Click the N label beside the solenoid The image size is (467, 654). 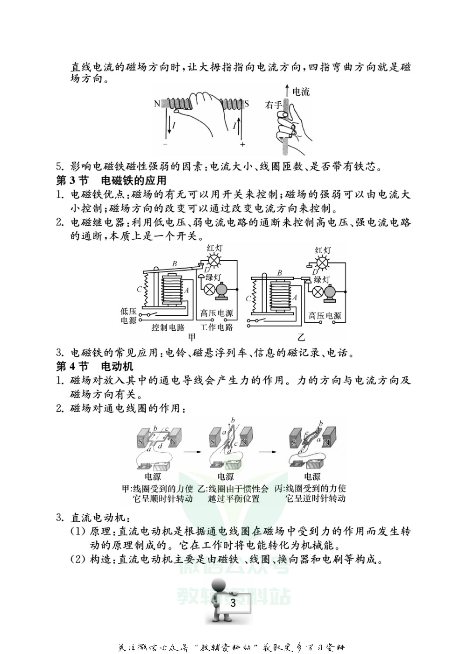point(157,104)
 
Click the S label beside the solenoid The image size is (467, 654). point(247,104)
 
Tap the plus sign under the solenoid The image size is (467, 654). point(242,144)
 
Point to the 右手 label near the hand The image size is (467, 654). point(273,105)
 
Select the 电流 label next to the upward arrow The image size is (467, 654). point(301,92)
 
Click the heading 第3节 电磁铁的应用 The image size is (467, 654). point(111,180)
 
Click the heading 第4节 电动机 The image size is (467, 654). point(95,366)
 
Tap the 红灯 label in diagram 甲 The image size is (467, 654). point(215,248)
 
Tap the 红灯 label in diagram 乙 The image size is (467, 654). point(323,250)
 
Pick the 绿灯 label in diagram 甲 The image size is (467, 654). point(213,277)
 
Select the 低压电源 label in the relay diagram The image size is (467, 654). point(128,316)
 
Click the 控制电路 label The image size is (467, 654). point(168,327)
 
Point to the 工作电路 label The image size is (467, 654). point(216,327)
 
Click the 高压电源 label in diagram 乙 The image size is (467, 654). point(325,316)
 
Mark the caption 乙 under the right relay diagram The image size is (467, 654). point(301,337)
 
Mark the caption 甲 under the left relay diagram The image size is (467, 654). point(192,337)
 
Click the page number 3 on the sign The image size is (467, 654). point(233,603)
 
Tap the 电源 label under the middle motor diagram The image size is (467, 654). point(226,476)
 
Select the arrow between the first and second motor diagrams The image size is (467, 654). point(189,452)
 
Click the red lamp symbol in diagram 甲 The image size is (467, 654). point(214,260)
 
